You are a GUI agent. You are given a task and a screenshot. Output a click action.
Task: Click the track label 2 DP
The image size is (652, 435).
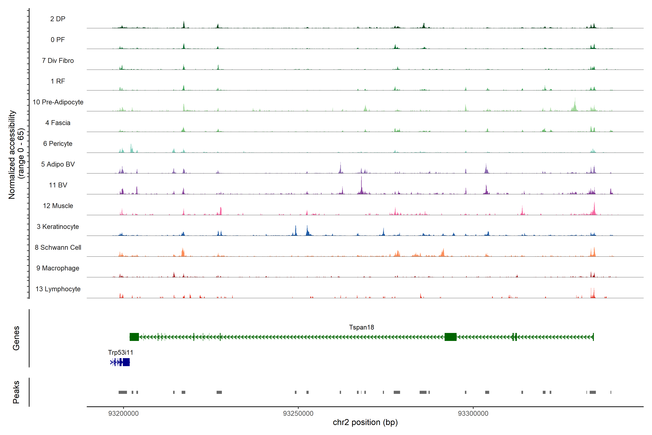click(x=58, y=19)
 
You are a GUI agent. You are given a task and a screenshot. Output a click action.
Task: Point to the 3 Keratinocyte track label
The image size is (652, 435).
click(x=58, y=227)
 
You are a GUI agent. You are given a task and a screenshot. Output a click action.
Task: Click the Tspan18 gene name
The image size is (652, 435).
click(x=361, y=327)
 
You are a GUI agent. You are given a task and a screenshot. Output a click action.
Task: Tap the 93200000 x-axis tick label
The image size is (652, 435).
click(x=123, y=413)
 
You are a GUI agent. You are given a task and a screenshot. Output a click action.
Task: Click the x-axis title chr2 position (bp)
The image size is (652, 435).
click(x=365, y=422)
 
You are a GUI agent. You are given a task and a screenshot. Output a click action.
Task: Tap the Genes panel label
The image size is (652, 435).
click(x=16, y=338)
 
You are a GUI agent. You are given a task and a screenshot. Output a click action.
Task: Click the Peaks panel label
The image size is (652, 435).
click(x=16, y=392)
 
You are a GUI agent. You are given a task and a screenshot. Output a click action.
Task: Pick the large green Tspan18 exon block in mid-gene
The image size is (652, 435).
click(x=450, y=337)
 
